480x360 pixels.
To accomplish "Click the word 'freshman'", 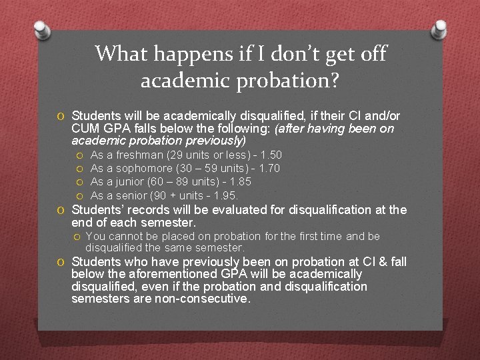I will pyautogui.click(x=139, y=155).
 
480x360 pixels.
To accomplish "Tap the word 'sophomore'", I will pyautogui.click(x=145, y=168).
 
